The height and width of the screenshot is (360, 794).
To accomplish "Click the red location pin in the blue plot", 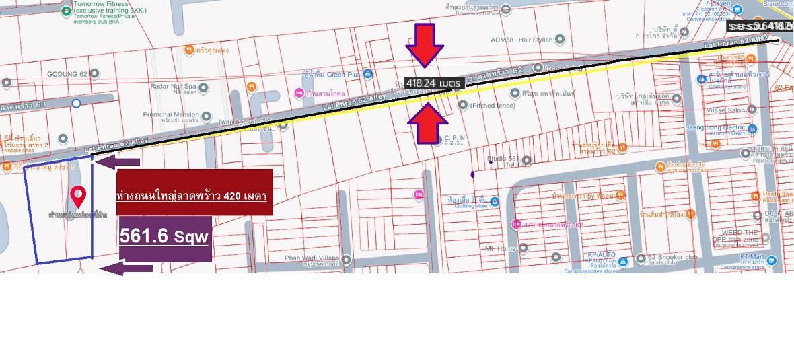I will [x=79, y=195].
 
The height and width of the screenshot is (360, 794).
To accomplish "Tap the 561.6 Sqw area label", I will [x=165, y=237].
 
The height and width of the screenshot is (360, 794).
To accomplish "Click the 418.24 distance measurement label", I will [x=433, y=83].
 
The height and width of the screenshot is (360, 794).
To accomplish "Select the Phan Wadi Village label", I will [x=312, y=258].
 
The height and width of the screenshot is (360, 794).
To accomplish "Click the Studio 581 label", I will [x=502, y=159].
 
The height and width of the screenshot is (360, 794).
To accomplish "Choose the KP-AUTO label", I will [x=602, y=255].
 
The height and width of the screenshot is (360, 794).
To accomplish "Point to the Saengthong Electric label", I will [x=732, y=128].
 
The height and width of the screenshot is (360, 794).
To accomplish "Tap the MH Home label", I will [x=501, y=248].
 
